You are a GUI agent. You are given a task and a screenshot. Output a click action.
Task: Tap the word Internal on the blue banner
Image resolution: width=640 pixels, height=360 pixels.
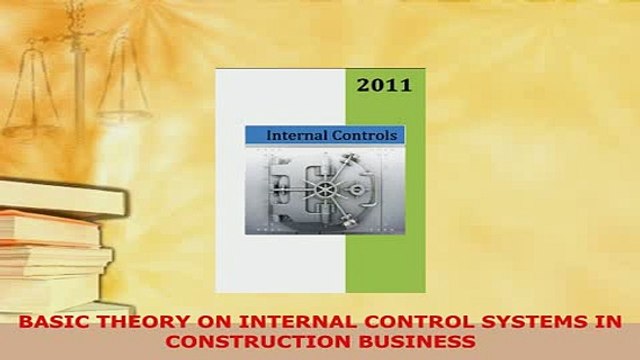coord(291,135)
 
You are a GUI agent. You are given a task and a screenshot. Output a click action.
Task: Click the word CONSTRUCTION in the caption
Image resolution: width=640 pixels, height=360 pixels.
coord(250,340)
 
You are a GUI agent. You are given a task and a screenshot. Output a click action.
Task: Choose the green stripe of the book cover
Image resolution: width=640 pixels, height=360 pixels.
coord(385,200)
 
